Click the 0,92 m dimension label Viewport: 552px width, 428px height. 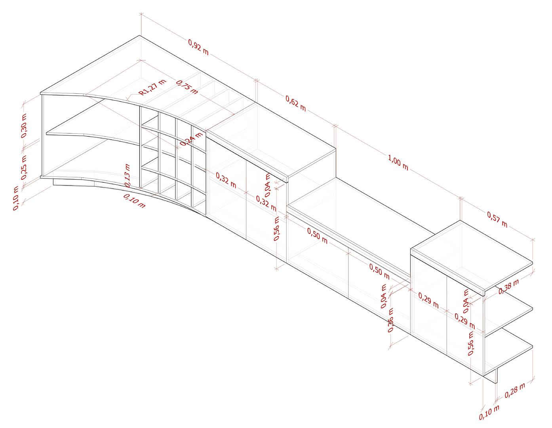point(198,47)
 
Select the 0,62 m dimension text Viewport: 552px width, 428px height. point(295,103)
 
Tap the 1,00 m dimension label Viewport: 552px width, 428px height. point(398,162)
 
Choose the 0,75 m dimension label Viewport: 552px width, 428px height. point(187,87)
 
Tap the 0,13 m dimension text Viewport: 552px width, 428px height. point(127,174)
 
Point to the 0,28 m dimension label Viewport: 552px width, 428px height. point(515,390)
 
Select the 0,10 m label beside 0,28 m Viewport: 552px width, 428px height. point(489,413)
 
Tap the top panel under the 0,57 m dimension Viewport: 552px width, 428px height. point(471,253)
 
